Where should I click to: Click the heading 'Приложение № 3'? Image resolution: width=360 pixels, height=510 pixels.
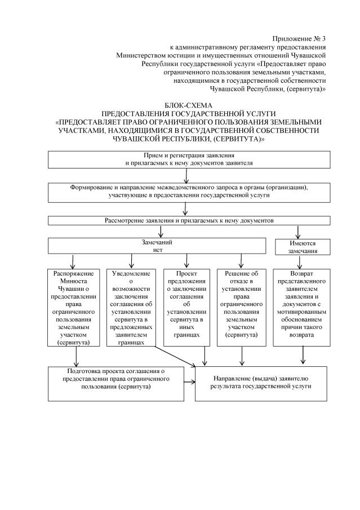pyautogui.click(x=299, y=38)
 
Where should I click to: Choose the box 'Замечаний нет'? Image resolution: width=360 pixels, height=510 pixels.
pyautogui.click(x=157, y=245)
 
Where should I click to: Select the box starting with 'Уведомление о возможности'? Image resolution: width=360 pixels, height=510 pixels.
pyautogui.click(x=131, y=307)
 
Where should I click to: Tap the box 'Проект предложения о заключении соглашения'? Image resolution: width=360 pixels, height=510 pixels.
pyautogui.click(x=184, y=307)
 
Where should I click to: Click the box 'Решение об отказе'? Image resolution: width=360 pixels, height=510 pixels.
pyautogui.click(x=241, y=307)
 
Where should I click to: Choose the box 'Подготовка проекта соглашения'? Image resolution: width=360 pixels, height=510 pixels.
pyautogui.click(x=115, y=383)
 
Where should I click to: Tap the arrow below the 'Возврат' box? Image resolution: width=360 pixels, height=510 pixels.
pyautogui.click(x=304, y=356)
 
